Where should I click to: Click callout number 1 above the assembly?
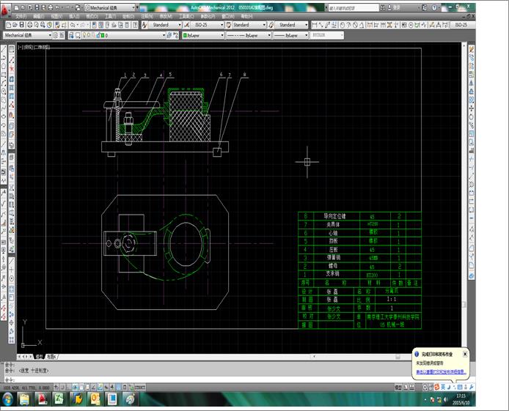pyautogui.click(x=125, y=75)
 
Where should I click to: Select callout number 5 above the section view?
pyautogui.click(x=170, y=75)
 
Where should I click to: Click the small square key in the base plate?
pyautogui.click(x=218, y=150)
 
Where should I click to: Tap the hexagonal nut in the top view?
pyautogui.click(x=130, y=242)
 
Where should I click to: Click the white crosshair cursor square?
pyautogui.click(x=307, y=162)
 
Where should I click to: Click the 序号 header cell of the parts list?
pyautogui.click(x=305, y=282)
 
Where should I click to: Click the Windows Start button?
pyautogui.click(x=8, y=399)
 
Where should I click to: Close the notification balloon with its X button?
pyautogui.click(x=465, y=353)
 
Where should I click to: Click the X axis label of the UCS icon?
pyautogui.click(x=40, y=342)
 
